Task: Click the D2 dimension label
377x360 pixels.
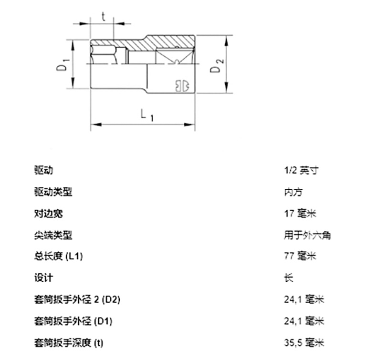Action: pos(216,65)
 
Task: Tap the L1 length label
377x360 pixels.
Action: pos(146,114)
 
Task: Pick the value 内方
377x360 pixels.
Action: pos(293,192)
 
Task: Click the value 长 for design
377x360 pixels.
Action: pos(288,278)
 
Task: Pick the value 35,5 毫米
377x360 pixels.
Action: pos(304,343)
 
